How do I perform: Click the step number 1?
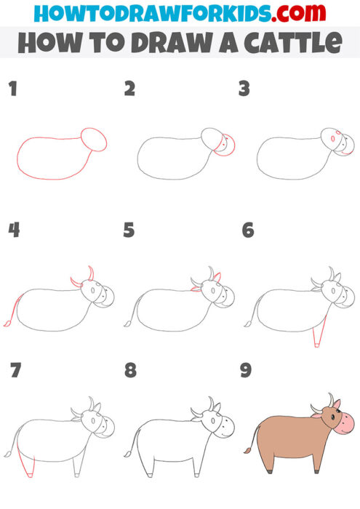pyautogui.click(x=12, y=89)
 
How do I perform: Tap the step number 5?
pyautogui.click(x=129, y=231)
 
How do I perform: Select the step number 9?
pyautogui.click(x=246, y=371)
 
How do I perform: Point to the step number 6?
pyautogui.click(x=247, y=231)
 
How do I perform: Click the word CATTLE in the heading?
pyautogui.click(x=298, y=43)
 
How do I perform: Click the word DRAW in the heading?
pyautogui.click(x=167, y=43)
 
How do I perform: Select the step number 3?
pyautogui.click(x=246, y=89)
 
